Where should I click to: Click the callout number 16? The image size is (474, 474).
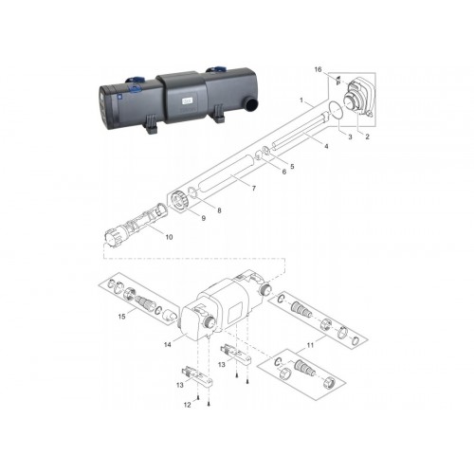318,69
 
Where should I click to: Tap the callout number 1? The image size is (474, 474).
301,100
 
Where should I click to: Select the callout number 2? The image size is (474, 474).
367,137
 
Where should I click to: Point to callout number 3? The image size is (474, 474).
350,137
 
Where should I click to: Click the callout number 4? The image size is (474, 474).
326,146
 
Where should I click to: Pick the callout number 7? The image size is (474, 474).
253,189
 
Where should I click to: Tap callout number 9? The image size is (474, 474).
204,218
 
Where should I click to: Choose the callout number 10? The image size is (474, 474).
169,237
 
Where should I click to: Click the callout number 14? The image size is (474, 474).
168,344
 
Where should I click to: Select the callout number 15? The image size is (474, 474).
121,317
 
